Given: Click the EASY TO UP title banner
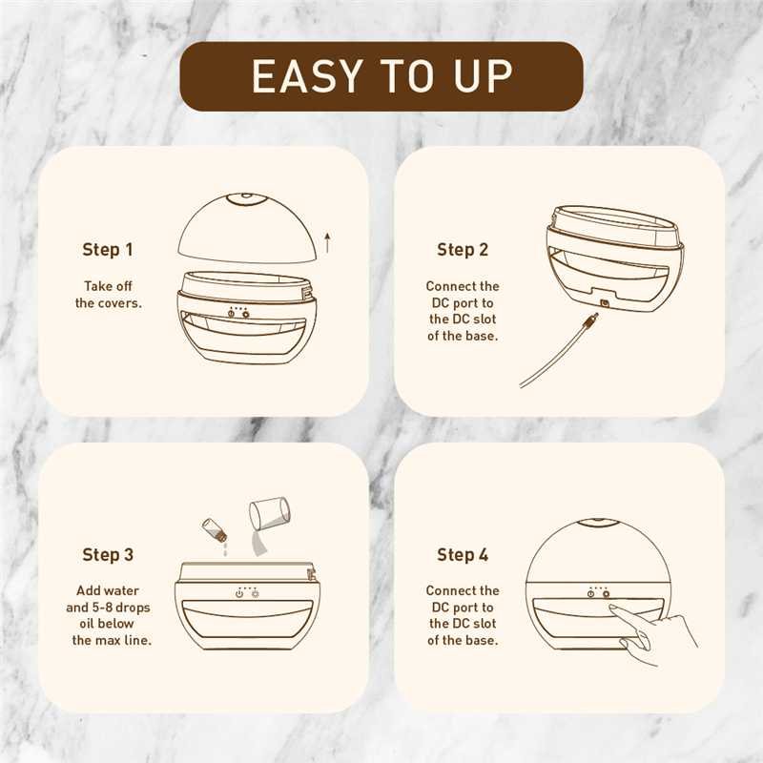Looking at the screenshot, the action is [381, 76].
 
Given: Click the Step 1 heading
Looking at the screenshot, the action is [108, 250].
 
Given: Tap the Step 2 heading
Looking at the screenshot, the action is [463, 250].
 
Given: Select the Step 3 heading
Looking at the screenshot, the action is [108, 555].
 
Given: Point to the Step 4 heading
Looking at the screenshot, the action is [463, 555].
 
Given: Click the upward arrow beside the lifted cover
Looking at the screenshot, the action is [327, 242].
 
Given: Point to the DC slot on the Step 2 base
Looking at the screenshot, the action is [605, 303].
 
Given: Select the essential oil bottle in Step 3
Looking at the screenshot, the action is [215, 529].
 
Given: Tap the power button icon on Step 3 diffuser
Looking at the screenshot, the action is [239, 594].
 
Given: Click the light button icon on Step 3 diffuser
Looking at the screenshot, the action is [255, 594].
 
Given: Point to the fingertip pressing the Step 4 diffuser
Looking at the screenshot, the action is [612, 608].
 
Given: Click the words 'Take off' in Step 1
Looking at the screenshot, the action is [108, 286].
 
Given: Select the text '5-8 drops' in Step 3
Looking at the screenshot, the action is [121, 608].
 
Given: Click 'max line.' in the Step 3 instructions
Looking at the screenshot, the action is [124, 640].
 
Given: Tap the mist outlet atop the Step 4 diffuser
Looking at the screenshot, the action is [598, 523].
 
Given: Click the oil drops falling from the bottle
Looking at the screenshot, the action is [225, 550].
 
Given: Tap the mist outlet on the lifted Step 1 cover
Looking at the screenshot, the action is [247, 198].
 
